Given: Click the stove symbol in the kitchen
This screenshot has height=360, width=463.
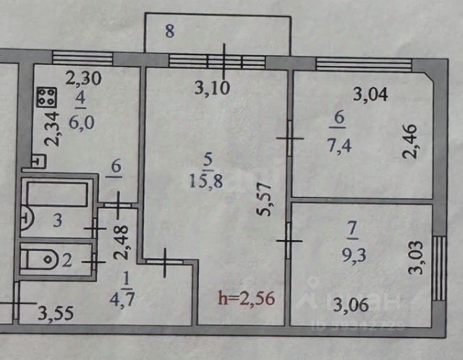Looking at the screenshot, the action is pos(47,98).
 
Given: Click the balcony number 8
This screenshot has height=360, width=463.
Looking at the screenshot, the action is pos(169,32).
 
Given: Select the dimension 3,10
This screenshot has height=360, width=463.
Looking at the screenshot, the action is pos(211,90).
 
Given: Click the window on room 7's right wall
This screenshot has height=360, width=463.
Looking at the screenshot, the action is pos(438,267).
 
